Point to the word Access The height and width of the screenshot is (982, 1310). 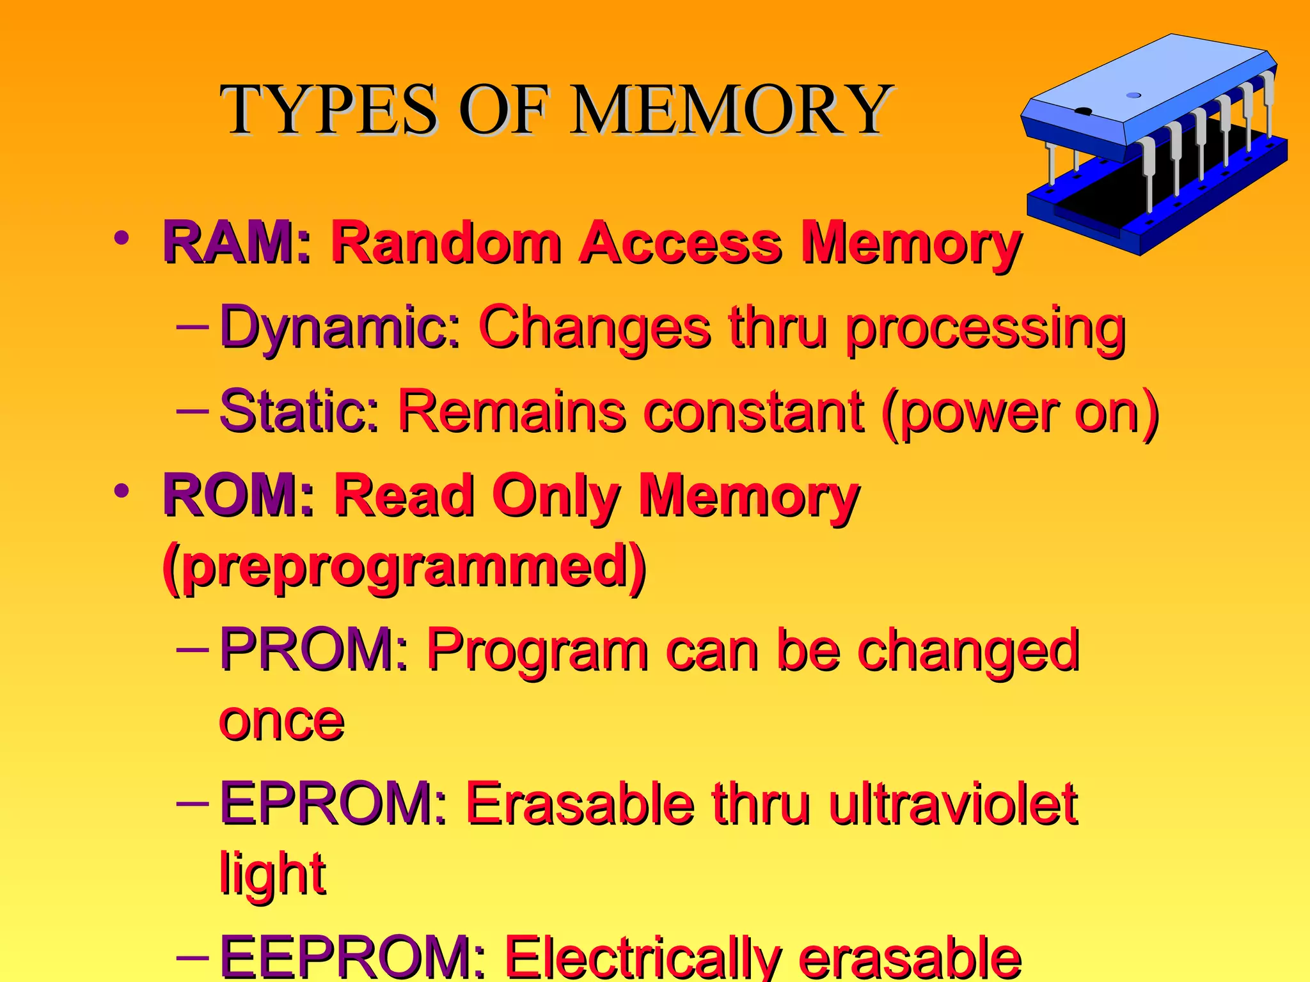[x=681, y=243]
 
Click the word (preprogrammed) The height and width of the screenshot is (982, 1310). [x=404, y=566]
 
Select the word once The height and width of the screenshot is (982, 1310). [x=282, y=721]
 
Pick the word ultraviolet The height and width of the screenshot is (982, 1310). [x=953, y=804]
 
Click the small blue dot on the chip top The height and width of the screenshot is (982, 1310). [x=1133, y=95]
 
